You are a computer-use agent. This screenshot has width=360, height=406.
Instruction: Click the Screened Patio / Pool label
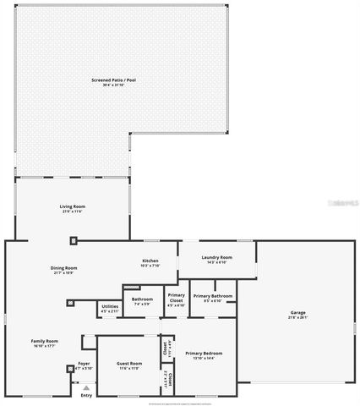tap(114, 80)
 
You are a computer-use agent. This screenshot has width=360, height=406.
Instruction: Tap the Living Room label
tap(72, 206)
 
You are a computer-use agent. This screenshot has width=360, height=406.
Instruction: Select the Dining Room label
tap(63, 268)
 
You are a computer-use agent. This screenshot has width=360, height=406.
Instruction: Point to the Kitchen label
tap(150, 260)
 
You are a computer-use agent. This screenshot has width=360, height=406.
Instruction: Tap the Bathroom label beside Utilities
tap(142, 299)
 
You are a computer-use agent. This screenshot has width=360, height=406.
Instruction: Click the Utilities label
tap(110, 306)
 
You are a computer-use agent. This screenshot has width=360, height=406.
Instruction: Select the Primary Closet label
tap(176, 299)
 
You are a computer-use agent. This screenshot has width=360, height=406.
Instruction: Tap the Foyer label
tap(84, 364)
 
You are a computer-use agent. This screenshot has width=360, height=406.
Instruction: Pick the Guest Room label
tap(128, 364)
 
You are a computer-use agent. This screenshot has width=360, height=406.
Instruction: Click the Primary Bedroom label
tap(204, 353)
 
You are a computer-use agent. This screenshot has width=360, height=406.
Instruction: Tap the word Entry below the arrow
tap(85, 395)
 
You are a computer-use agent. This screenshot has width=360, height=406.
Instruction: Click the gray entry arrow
tap(85, 387)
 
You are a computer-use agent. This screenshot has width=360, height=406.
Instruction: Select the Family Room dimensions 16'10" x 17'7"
tap(45, 345)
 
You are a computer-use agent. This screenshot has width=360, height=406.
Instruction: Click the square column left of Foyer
tap(69, 369)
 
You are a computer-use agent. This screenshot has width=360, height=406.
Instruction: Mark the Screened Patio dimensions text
tap(114, 85)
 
